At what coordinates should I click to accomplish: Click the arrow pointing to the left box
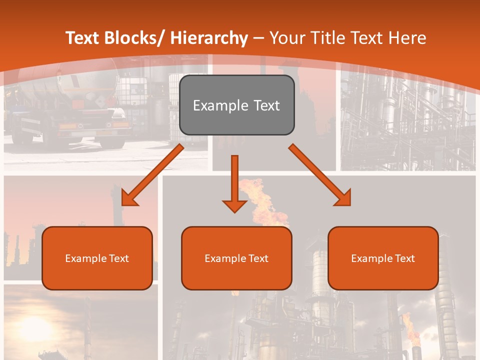(x=152, y=175)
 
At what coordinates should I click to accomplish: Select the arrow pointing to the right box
(x=320, y=175)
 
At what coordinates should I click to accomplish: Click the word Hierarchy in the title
(x=209, y=38)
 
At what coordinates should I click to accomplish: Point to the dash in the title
(x=258, y=38)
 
